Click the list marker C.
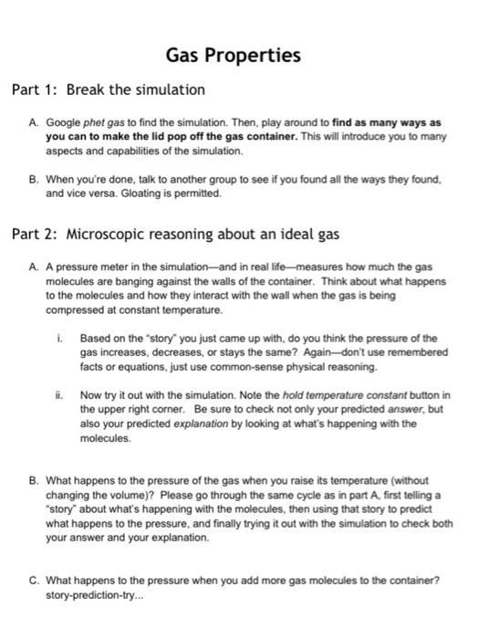33,579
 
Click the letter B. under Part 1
33,181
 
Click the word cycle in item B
331,493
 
